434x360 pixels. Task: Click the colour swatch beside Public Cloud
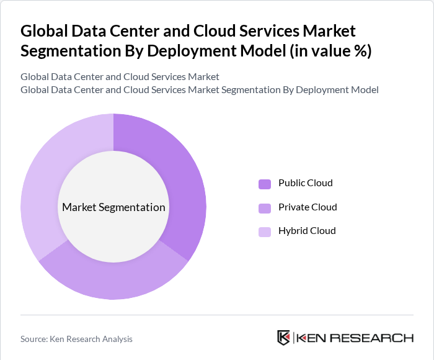point(265,184)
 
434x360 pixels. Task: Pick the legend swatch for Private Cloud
point(265,207)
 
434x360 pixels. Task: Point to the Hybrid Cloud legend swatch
point(265,232)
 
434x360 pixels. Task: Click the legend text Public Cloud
point(305,183)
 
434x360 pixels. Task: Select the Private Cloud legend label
point(308,207)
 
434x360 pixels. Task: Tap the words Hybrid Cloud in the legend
point(307,230)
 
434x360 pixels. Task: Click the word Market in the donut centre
point(79,207)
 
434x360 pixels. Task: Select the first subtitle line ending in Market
point(120,77)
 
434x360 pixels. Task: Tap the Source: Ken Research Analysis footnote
point(76,339)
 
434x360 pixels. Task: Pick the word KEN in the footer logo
point(311,338)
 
